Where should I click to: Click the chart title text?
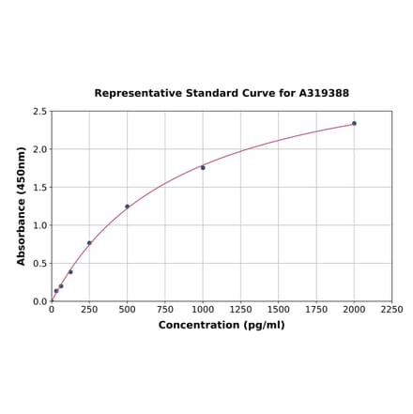coord(222,93)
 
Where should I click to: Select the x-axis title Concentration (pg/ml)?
coord(222,325)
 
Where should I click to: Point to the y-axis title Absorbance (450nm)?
coord(22,206)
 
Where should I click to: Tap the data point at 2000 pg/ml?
coord(354,123)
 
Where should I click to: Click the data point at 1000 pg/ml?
coord(203,167)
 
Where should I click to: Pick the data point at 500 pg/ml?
coord(127,207)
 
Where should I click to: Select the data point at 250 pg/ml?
coord(89,243)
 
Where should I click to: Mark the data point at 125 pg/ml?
coord(70,272)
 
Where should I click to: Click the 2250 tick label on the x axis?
coord(391,309)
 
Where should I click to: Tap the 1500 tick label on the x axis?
coord(278,309)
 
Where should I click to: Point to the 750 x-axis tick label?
coord(164,309)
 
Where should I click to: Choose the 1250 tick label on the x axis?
coord(240,309)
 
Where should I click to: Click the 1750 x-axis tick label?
coord(316,309)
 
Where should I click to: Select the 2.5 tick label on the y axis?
coord(40,112)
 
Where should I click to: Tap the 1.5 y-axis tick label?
coord(40,188)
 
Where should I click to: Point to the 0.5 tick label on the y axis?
coord(40,264)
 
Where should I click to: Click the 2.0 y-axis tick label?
coord(40,149)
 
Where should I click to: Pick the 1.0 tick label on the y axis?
coord(40,225)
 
